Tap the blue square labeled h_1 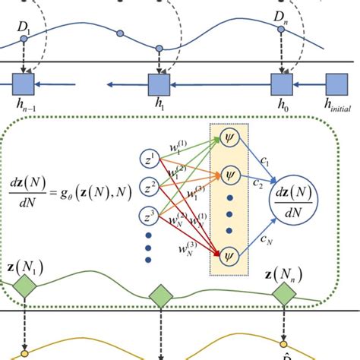pos(159,83)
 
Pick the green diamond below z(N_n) pos(284,293)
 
